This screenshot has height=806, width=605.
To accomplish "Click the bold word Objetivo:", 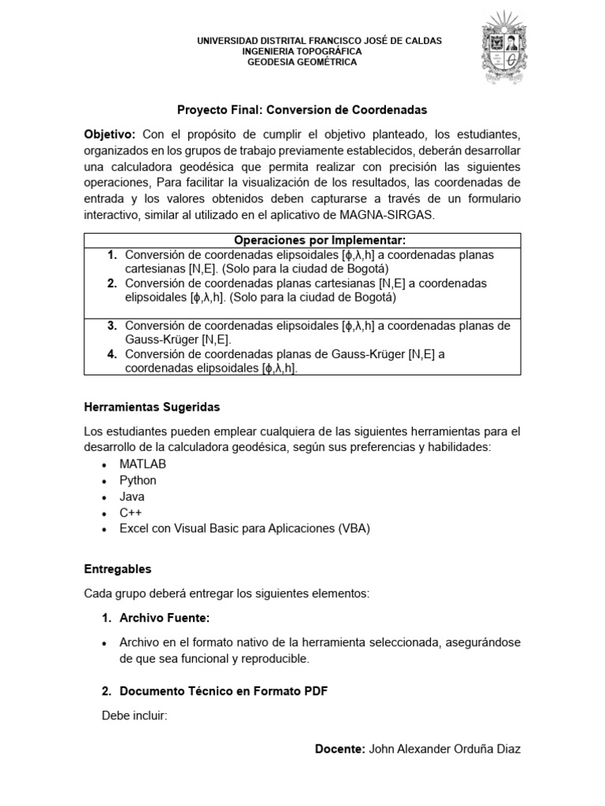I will tap(110, 135).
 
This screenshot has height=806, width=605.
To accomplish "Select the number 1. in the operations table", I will tap(112, 255).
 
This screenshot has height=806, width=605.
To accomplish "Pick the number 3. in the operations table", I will tap(112, 326).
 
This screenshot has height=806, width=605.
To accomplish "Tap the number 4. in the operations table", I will tap(112, 354).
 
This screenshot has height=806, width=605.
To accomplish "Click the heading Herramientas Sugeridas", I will tap(152, 407).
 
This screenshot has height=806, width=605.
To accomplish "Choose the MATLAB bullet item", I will tap(143, 464).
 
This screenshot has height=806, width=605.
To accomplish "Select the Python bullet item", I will tap(138, 480).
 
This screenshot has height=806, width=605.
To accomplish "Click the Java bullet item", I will tap(132, 497).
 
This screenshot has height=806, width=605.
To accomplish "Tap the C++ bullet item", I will tap(130, 512).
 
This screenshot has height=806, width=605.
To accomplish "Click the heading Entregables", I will tap(117, 568).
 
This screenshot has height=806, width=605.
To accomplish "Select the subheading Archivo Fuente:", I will tap(165, 619).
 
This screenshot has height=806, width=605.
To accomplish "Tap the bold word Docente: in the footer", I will tap(339, 749).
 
